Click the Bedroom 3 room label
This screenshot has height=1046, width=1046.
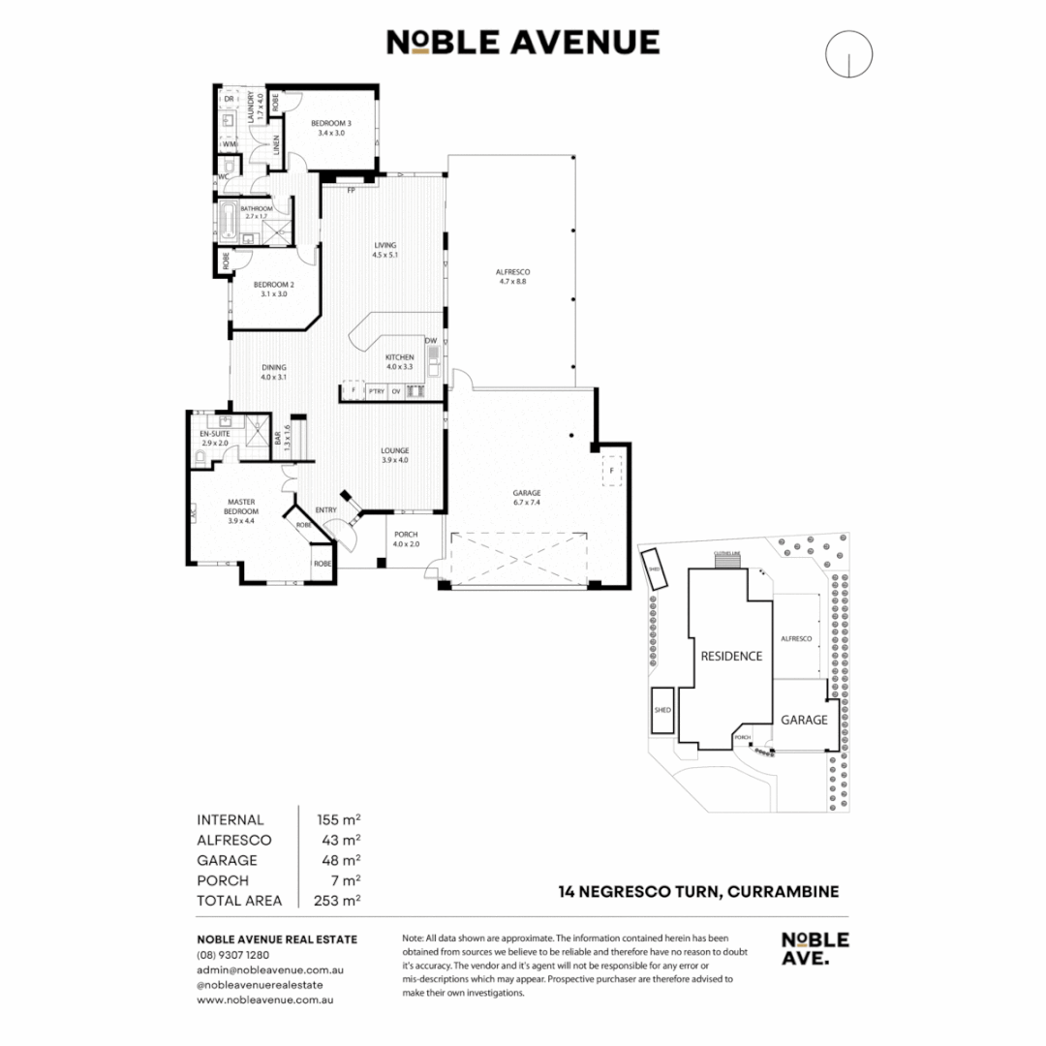pos(330,123)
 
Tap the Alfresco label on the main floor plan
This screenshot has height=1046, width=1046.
pos(514,272)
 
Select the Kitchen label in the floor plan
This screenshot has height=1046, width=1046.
pos(400,357)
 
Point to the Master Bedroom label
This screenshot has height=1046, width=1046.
pos(240,507)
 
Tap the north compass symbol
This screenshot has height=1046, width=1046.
pos(848,54)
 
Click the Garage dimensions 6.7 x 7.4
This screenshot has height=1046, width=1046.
pos(527,504)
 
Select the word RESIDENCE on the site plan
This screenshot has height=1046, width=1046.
pos(731,656)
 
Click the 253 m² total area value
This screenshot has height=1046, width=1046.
pos(339,901)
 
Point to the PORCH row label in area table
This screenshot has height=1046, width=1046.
pos(222,880)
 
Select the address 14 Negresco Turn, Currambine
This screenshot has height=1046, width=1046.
pos(697,892)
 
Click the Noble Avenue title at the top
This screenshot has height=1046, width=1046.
pos(523,43)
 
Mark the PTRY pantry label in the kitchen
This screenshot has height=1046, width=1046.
pos(377,391)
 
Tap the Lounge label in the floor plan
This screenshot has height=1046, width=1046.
pos(394,450)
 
